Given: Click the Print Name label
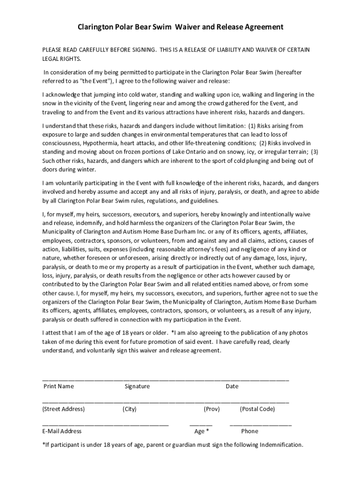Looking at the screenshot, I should (x=58, y=386).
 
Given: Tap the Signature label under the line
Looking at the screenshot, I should (x=137, y=386).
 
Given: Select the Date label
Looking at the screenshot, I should (x=232, y=386).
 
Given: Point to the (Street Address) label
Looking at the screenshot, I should (x=64, y=409).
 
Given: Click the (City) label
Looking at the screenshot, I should (x=130, y=409).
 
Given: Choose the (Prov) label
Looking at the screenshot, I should (x=211, y=409).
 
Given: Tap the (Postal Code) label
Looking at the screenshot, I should (x=257, y=409).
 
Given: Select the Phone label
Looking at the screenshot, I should (x=250, y=431).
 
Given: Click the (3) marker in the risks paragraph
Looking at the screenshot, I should (x=315, y=152).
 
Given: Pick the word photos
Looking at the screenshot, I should (x=297, y=333).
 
